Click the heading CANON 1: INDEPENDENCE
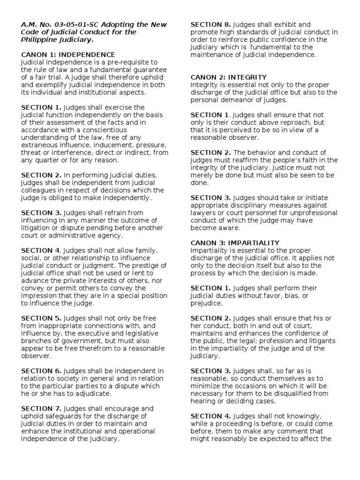coord(68,55)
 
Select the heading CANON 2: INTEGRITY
coord(228,77)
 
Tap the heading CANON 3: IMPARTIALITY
coord(234,243)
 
